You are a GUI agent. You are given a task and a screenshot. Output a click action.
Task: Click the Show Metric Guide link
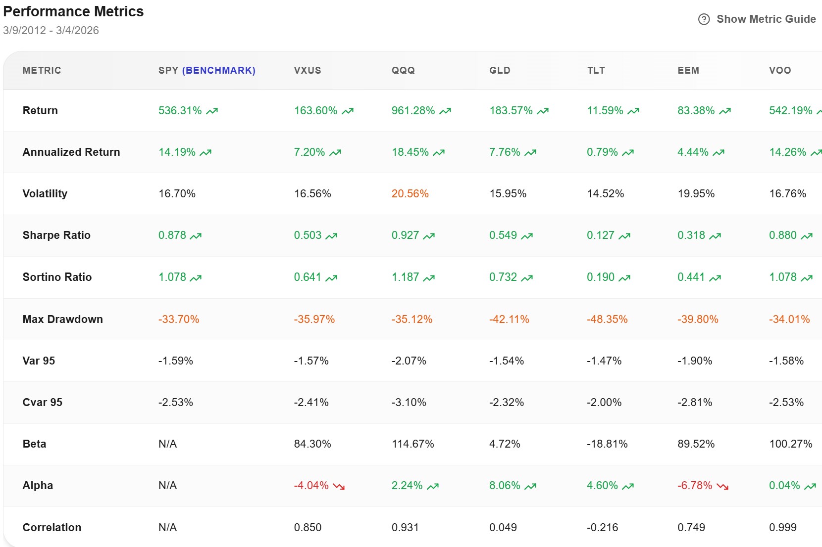tap(766, 19)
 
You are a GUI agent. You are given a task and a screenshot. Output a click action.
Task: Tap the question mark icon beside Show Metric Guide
tap(704, 19)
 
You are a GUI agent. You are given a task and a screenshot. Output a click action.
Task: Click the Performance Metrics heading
tap(73, 11)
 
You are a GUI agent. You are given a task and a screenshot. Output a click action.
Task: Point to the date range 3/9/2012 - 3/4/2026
tap(51, 31)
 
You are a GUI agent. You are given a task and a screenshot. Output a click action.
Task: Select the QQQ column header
tap(403, 70)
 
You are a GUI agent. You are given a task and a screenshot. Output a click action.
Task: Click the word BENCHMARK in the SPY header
tap(219, 70)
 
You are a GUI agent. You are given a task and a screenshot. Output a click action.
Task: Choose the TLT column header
tap(596, 70)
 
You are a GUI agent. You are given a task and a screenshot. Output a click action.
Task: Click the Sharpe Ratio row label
tap(56, 235)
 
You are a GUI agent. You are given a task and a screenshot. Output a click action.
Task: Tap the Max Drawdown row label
tap(62, 319)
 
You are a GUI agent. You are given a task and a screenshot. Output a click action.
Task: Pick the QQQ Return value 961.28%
tap(413, 111)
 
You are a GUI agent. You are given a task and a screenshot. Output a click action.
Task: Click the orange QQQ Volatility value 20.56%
tap(410, 194)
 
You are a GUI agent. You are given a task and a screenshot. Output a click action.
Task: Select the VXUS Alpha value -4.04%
tap(311, 486)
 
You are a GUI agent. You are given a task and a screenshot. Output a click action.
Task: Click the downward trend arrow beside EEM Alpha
tap(722, 486)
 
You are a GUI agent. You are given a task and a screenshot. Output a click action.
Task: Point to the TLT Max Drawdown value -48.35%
tap(607, 319)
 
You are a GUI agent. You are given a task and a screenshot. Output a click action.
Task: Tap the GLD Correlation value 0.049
tap(503, 528)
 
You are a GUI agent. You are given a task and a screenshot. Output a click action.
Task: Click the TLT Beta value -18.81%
tap(607, 444)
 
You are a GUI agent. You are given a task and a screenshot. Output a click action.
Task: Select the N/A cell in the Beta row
tap(167, 444)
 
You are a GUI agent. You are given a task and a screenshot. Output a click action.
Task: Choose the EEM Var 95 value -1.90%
tap(695, 361)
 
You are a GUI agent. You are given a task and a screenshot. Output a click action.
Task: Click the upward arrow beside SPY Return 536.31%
tap(212, 111)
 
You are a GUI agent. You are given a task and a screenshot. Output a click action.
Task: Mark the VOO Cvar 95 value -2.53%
tap(786, 403)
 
